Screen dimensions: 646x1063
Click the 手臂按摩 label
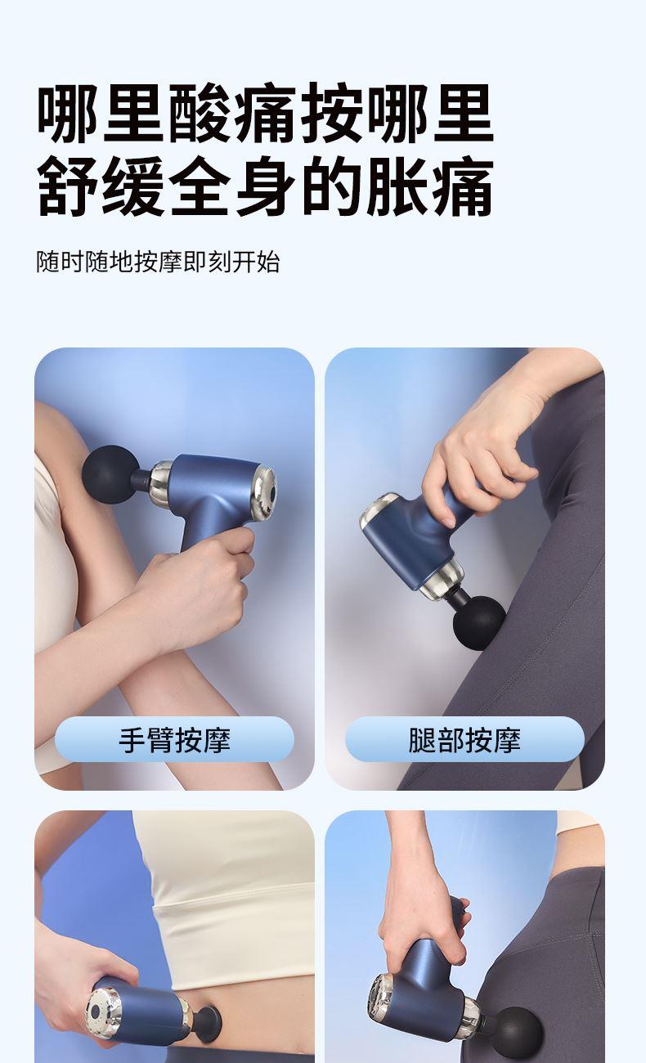pyautogui.click(x=174, y=739)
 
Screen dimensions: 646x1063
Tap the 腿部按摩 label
pyautogui.click(x=464, y=739)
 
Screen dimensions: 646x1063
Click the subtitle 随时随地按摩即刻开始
pyautogui.click(x=158, y=262)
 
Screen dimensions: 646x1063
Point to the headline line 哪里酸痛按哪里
pyautogui.click(x=266, y=114)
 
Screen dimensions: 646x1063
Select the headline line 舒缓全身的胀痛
pyautogui.click(x=266, y=186)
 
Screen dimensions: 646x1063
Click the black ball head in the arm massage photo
pyautogui.click(x=111, y=474)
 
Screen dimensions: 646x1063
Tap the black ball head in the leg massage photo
pyautogui.click(x=479, y=622)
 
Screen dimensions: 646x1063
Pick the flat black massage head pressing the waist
pyautogui.click(x=209, y=1021)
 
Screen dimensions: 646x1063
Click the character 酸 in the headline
pyautogui.click(x=201, y=114)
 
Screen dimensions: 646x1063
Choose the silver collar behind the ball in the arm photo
pyautogui.click(x=162, y=482)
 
